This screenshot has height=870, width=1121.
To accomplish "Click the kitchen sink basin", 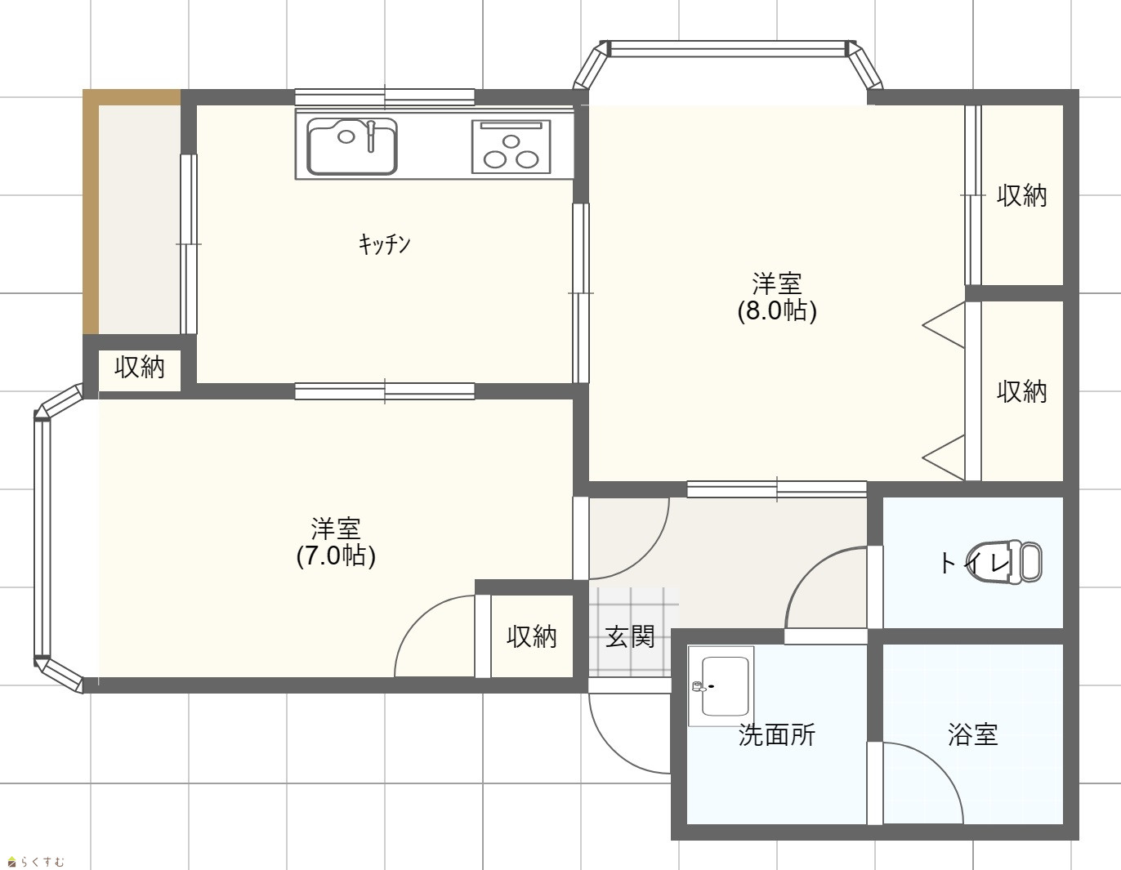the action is (352, 147).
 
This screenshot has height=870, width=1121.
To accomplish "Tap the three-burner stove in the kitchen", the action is (511, 147).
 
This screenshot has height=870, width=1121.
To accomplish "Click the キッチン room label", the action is (384, 244).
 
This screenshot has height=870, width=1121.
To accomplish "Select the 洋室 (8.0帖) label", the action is (777, 297).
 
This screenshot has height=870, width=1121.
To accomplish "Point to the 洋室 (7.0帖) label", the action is (336, 542).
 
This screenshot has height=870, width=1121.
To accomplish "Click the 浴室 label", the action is (973, 735).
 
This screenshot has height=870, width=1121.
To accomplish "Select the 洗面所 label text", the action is (777, 735).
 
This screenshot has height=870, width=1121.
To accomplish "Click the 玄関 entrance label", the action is (630, 637).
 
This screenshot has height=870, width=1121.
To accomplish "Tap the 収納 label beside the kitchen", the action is (139, 367).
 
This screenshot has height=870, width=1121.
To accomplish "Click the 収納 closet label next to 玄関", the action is (531, 637).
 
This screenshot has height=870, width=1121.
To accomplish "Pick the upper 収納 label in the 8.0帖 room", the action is (1022, 196).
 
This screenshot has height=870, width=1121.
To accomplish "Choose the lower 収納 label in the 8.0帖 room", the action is (1022, 392).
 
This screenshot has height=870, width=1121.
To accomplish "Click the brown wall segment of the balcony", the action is (92, 212).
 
